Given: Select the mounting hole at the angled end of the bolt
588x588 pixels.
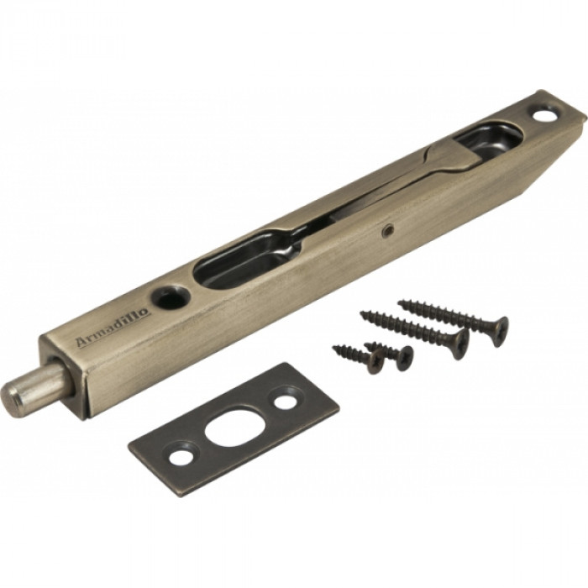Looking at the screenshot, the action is (545, 114).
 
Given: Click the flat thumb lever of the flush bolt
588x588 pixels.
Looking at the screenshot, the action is (449, 158).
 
